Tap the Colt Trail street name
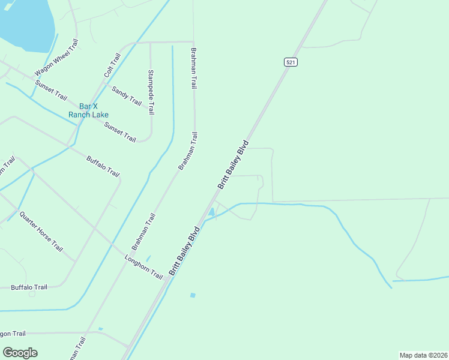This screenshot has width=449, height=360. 112,65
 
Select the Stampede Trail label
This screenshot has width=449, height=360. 151,92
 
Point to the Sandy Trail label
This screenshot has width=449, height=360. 126,95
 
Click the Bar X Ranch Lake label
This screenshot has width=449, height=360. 88,110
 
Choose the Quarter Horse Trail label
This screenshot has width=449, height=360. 41,232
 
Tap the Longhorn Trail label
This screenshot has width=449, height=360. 144,268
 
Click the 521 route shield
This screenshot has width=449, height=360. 291,62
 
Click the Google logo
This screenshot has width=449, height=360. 20,353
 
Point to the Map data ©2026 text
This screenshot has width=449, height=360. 424,355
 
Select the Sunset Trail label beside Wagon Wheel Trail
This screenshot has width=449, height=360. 51,89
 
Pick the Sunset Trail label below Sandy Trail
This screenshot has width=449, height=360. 120,132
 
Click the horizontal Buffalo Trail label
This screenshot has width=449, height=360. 29,287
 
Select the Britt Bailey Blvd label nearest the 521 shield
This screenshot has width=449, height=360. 233,165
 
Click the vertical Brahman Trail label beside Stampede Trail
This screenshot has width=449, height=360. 194,68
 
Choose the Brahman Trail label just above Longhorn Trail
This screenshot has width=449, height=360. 143,232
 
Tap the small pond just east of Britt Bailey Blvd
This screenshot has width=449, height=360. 211,213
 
